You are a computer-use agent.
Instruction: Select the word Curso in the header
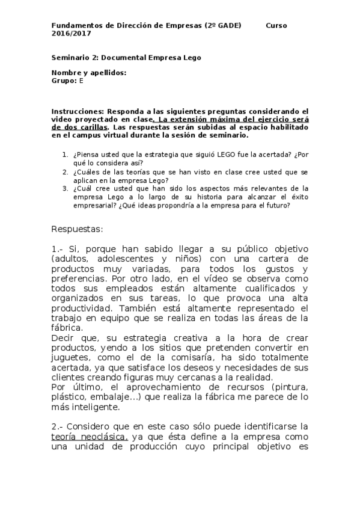coord(276,25)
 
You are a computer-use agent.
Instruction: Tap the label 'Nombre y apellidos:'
coord(89,72)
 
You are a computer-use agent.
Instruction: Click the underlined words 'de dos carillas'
coord(81,127)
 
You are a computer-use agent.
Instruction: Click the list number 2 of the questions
coord(65,171)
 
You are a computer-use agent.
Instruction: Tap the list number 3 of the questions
coord(65,188)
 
